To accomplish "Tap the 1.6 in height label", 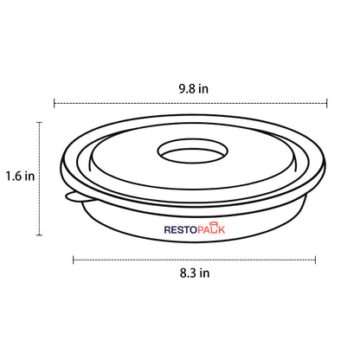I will point(19,176).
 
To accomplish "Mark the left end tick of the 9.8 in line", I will point(55,103).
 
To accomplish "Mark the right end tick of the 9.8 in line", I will point(327,103).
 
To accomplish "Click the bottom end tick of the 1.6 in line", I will point(40,235).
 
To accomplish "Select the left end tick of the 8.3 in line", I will point(74,258).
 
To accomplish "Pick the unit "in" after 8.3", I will point(203,273).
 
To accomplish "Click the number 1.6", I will point(13,176).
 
